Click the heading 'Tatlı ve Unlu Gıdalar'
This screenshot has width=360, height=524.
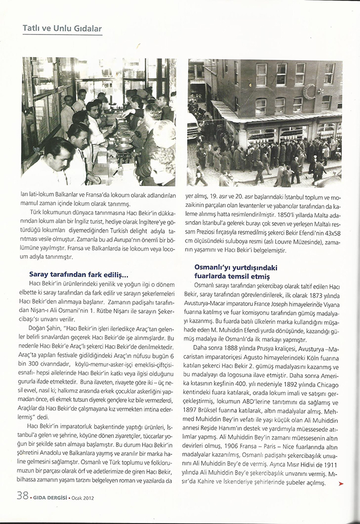62,28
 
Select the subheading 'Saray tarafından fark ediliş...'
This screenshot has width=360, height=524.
78,274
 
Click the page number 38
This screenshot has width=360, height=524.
23,495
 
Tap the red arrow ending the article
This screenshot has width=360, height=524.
341,484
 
